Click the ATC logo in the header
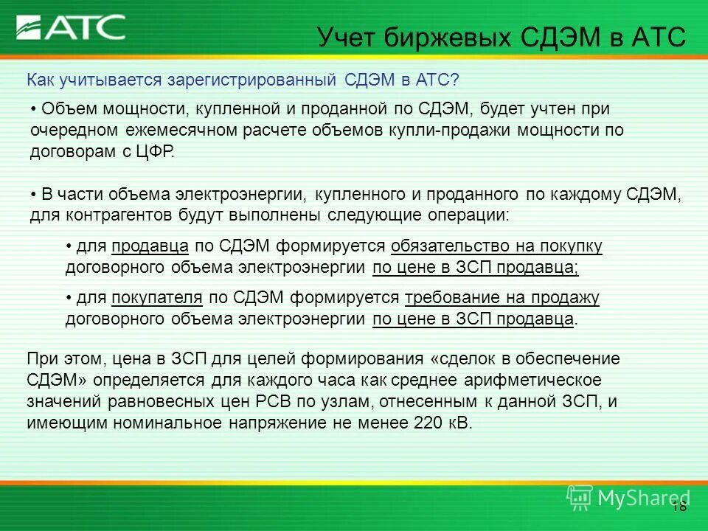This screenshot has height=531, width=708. [72, 28]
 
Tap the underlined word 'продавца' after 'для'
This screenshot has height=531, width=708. [151, 246]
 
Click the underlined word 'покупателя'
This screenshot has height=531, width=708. [157, 298]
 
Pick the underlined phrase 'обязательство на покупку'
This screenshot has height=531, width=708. [497, 246]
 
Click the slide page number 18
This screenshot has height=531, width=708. [679, 507]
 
